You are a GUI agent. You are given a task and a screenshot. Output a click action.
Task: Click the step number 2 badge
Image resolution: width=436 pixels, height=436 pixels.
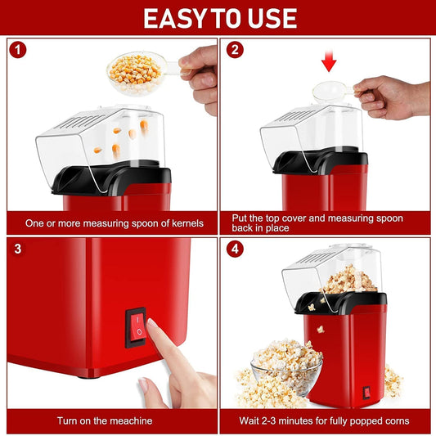(x=236, y=50)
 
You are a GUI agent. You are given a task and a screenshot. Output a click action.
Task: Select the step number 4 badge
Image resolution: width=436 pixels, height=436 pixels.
(x=236, y=249)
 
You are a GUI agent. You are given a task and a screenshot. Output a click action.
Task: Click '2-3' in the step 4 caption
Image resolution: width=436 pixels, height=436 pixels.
(x=296, y=420)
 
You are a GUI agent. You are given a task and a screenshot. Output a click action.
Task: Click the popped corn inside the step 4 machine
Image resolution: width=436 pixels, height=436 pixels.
(x=350, y=280)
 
